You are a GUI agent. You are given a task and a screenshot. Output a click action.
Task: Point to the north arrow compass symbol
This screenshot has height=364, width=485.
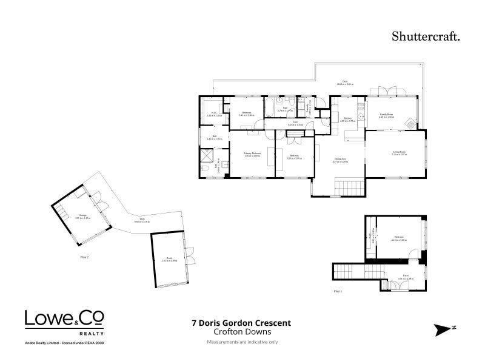coord(445,329)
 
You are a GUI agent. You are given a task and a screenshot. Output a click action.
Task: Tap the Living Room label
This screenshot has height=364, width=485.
coord(399,153)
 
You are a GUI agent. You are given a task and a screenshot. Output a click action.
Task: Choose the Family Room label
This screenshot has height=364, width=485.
coord(387,115)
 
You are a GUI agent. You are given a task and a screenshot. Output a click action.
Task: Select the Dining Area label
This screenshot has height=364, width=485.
coord(339,160)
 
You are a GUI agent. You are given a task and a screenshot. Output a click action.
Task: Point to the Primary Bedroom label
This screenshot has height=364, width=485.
coord(252,154)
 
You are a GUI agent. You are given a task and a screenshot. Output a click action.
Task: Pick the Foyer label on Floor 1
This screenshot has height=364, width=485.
coord(402,278)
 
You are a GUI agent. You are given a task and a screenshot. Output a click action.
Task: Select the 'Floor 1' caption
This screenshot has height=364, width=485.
coord(338,292)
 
